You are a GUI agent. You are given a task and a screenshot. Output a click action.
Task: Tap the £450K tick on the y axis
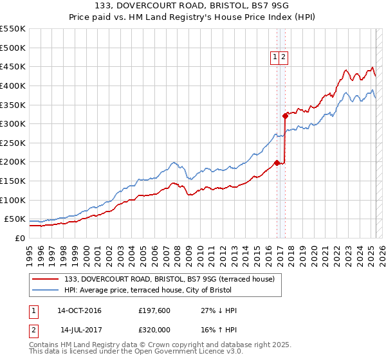(x=13, y=67)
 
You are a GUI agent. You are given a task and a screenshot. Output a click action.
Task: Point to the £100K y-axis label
(x=13, y=200)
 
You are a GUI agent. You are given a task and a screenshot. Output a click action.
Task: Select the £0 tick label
(x=20, y=238)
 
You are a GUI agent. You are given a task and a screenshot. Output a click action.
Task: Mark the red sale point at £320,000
(x=285, y=116)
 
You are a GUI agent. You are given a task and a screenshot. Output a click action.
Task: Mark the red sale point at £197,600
(x=277, y=163)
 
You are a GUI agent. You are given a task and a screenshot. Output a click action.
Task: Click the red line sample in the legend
(x=45, y=279)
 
